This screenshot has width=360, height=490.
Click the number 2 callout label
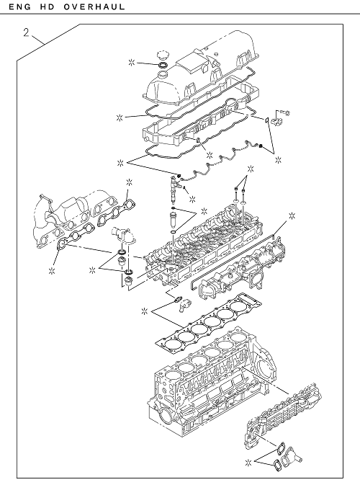[x=26, y=32]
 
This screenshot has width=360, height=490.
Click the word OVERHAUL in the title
[x=94, y=6]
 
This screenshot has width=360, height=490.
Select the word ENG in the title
[x=19, y=6]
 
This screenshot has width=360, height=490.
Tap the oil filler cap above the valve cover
[x=163, y=56]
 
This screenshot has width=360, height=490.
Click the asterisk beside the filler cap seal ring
[x=132, y=63]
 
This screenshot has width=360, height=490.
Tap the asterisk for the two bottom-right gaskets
[x=248, y=463]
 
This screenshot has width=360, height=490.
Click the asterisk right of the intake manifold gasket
[x=292, y=215]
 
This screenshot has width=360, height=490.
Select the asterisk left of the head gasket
[x=144, y=311]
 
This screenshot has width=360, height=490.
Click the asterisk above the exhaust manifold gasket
[x=129, y=182]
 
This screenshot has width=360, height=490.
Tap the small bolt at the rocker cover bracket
[x=286, y=112]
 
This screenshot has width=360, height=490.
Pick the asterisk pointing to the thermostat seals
[x=91, y=270]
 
